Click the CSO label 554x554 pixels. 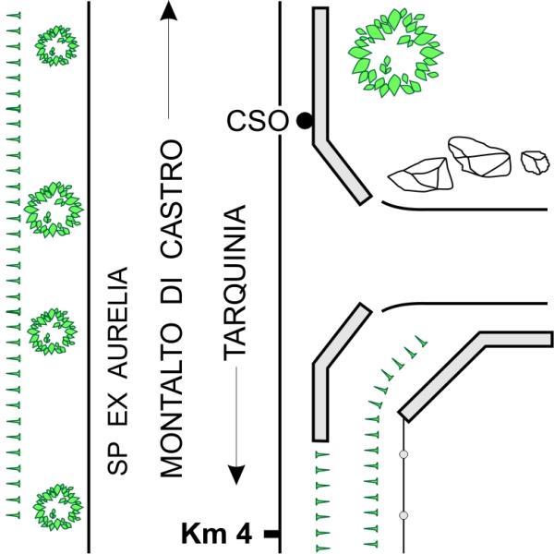(x=258, y=121)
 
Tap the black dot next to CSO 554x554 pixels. (x=305, y=121)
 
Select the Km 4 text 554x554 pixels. (x=216, y=534)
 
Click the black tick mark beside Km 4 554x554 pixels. (x=272, y=534)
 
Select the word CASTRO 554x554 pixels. (x=172, y=198)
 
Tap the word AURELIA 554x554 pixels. (x=117, y=323)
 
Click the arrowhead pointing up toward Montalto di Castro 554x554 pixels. (x=169, y=10)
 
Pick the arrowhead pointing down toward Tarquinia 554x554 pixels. (x=236, y=475)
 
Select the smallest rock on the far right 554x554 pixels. (x=536, y=163)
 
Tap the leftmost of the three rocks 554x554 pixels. (x=420, y=175)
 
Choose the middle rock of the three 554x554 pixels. (x=479, y=157)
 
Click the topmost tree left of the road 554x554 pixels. (x=56, y=45)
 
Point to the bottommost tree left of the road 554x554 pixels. (x=57, y=507)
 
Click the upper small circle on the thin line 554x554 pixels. (x=403, y=454)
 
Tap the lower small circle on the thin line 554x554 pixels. (x=403, y=515)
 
